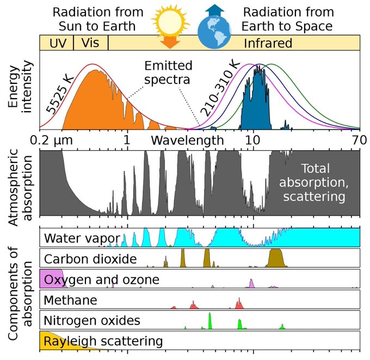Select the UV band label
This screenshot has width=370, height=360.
click(x=56, y=43)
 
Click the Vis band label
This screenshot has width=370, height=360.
click(x=90, y=43)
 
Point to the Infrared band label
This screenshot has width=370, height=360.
click(x=268, y=43)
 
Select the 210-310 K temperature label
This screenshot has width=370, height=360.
click(x=219, y=88)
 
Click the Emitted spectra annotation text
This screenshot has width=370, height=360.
click(x=168, y=73)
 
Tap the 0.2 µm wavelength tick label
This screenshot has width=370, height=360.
click(x=55, y=140)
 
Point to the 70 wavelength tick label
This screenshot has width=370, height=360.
click(x=358, y=140)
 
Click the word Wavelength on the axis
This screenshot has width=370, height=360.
click(x=187, y=140)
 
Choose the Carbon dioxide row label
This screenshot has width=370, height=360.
click(x=90, y=259)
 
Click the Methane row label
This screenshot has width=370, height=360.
click(x=71, y=300)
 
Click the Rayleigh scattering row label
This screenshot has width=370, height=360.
click(x=103, y=341)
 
